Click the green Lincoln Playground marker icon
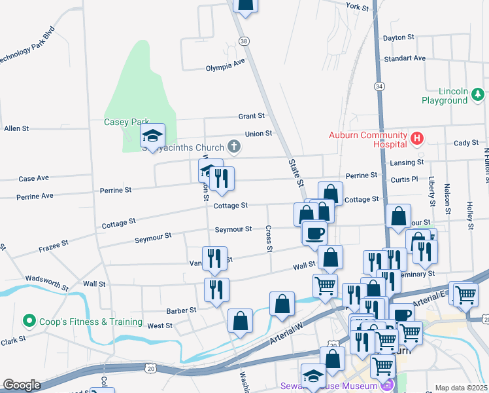[x=478, y=96]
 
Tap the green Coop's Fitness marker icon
[x=29, y=322]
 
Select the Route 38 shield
[x=244, y=41]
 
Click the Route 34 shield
[x=379, y=86]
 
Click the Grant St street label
[x=251, y=116]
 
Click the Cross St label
[x=269, y=239]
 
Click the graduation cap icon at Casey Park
[x=152, y=136]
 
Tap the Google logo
[x=22, y=385]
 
